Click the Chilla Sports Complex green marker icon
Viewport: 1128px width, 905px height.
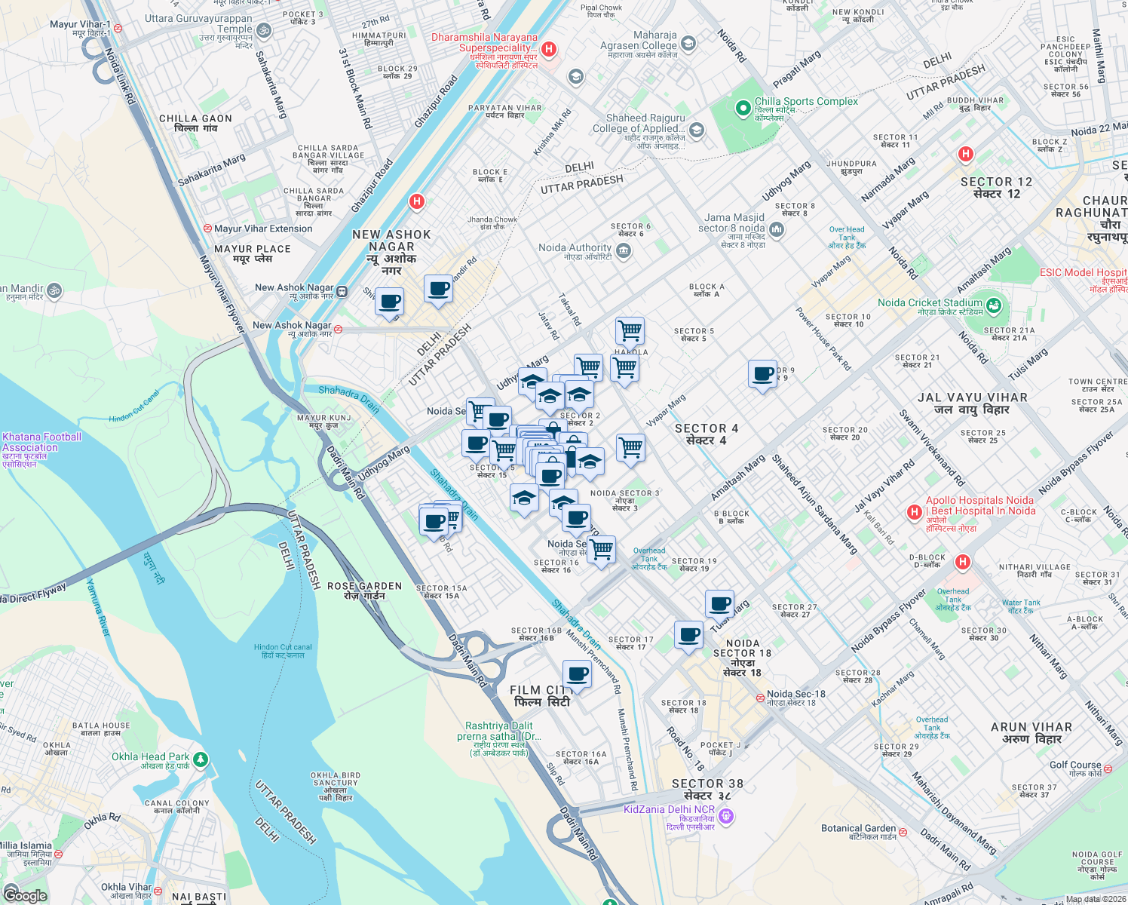click(x=743, y=109)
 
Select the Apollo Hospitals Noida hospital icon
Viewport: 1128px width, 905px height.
click(x=915, y=512)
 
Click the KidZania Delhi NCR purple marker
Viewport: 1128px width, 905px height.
click(x=726, y=815)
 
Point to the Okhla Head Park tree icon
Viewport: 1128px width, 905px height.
click(x=200, y=759)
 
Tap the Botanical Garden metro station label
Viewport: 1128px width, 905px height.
click(x=859, y=828)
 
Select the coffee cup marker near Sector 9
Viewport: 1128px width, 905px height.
click(x=762, y=373)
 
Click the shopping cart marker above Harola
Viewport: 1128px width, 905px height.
click(x=630, y=330)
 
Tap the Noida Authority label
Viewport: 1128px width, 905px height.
click(x=575, y=248)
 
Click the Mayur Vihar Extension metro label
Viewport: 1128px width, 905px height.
click(x=262, y=229)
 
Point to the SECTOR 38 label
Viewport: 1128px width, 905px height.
click(x=707, y=784)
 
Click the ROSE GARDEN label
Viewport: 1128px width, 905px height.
click(x=364, y=586)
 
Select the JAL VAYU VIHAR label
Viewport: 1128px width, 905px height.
click(x=972, y=397)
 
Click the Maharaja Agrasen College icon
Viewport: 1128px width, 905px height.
click(x=688, y=44)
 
